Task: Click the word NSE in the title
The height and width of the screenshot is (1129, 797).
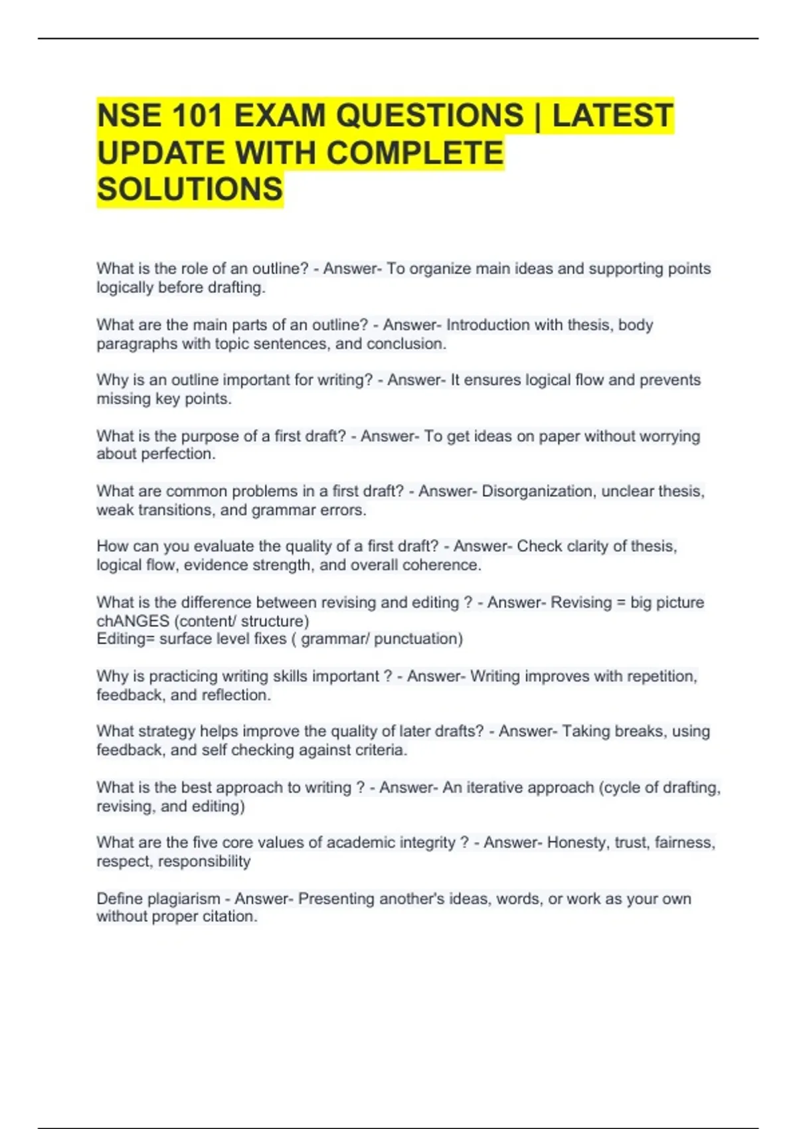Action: (x=128, y=116)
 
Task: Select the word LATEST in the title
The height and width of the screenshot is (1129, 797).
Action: (x=612, y=116)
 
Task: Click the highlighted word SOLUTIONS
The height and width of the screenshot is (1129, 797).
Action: (x=190, y=189)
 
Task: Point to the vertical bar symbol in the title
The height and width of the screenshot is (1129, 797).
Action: (x=538, y=116)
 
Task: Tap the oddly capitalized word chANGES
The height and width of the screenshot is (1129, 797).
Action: (x=133, y=621)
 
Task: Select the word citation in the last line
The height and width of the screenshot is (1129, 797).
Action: (x=228, y=916)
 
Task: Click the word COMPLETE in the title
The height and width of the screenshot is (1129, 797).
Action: (x=415, y=153)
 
